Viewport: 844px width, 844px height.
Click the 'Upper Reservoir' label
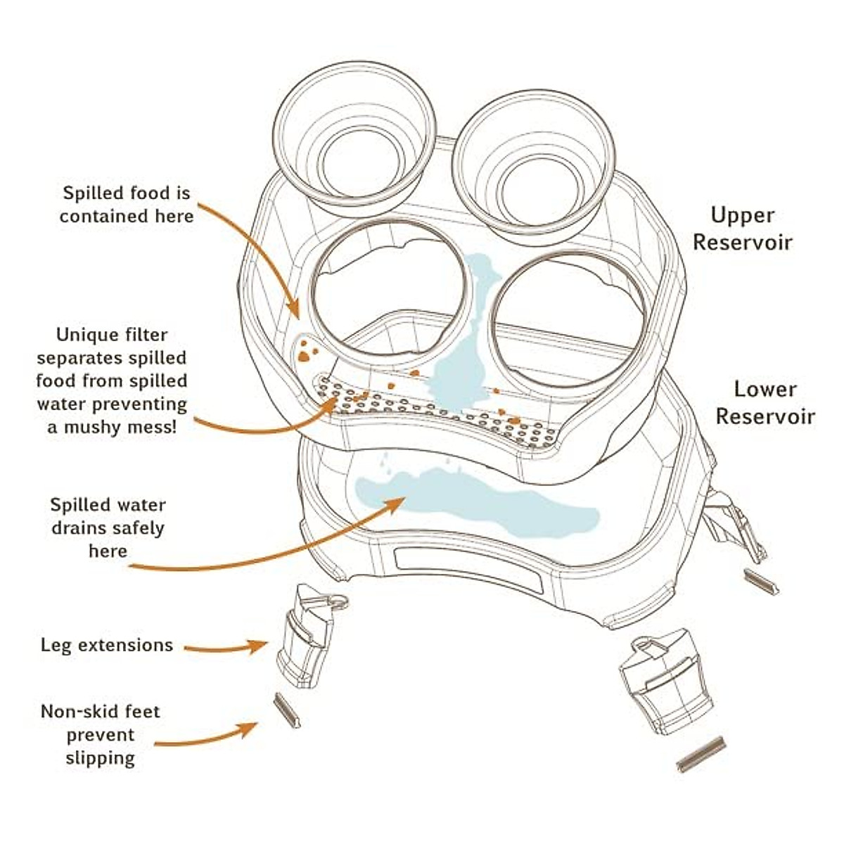(x=743, y=229)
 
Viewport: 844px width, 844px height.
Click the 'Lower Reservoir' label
(x=765, y=402)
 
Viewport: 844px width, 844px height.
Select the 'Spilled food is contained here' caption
(x=127, y=205)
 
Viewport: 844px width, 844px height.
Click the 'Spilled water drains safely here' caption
(x=108, y=527)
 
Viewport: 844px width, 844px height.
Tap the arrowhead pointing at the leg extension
(x=259, y=646)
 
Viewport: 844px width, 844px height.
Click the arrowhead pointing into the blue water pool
(x=395, y=502)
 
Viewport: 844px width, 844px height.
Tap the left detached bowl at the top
(x=354, y=134)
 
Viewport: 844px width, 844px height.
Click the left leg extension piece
(x=309, y=636)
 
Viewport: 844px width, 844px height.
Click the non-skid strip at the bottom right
(x=700, y=754)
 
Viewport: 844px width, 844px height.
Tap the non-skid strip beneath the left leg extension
(x=287, y=710)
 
